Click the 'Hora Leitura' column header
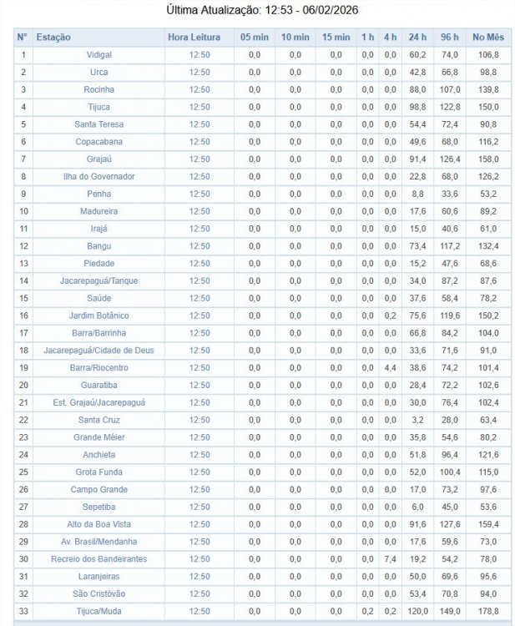194,38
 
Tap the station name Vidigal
98,54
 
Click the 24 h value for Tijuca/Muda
417,612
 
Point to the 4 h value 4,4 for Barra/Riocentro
390,367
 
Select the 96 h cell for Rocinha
451,89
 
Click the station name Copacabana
98,142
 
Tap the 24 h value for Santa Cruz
417,420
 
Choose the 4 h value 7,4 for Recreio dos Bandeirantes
390,559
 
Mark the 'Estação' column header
54,38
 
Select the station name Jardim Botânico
98,316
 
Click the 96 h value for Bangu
451,246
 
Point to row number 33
23,612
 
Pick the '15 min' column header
336,38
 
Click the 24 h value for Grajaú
417,159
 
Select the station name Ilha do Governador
98,176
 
